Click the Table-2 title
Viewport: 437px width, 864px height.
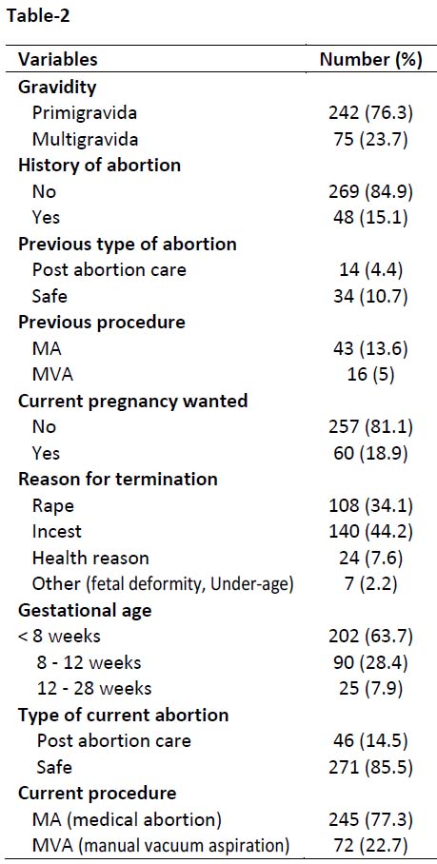pos(37,16)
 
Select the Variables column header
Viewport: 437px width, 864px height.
pos(58,59)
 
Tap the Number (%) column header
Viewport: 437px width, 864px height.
pos(371,60)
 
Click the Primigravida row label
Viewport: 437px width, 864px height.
pos(85,113)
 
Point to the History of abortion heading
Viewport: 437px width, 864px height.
pos(99,165)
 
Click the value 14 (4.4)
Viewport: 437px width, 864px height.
pos(370,270)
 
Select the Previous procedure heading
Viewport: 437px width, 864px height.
pos(102,322)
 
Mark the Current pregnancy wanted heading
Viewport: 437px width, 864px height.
pos(132,402)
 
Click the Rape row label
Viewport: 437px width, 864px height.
pos(53,505)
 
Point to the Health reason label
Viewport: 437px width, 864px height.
pos(90,559)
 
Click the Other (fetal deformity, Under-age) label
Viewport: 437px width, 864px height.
pos(162,584)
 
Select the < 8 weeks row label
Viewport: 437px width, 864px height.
pos(60,637)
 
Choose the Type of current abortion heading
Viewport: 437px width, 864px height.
pos(124,716)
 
